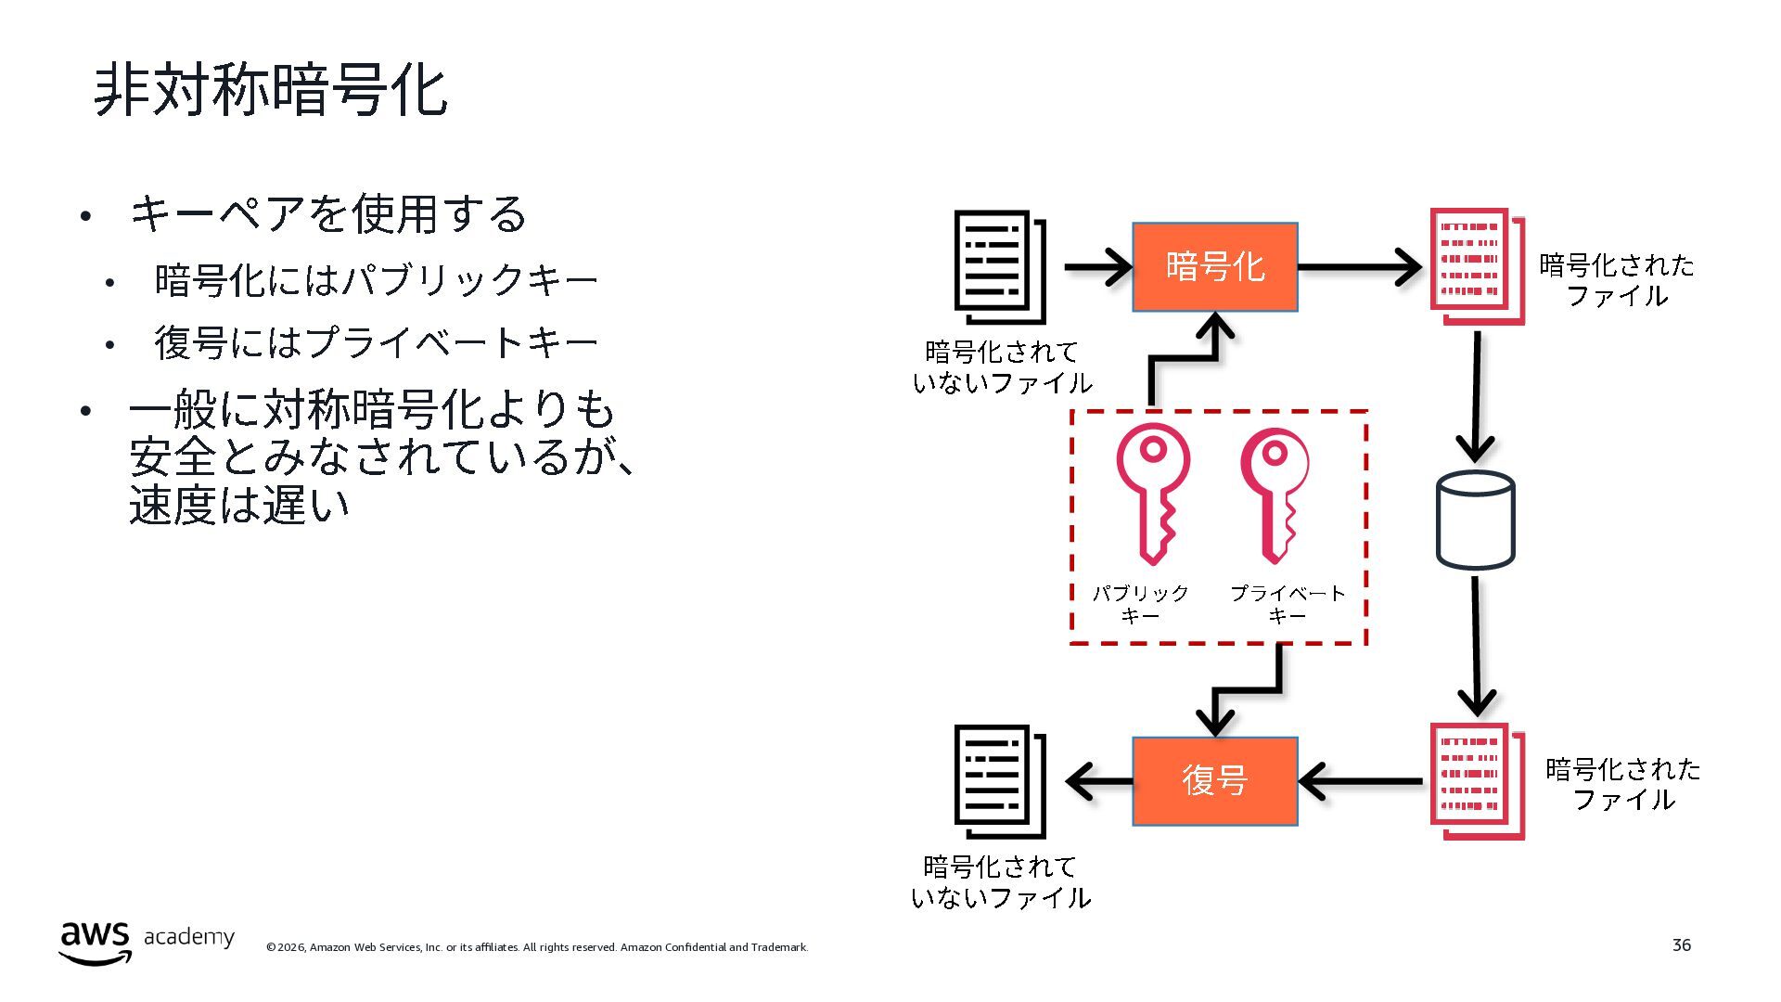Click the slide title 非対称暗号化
[271, 91]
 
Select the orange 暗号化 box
[1214, 267]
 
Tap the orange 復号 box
[1214, 781]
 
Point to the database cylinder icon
[1475, 520]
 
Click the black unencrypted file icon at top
[1000, 266]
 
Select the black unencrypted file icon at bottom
[1000, 781]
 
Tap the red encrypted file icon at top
[1477, 266]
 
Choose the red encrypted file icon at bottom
[1477, 781]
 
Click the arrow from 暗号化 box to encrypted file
[1360, 267]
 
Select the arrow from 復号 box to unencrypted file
[1099, 781]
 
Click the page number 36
[1682, 944]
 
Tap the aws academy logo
[147, 942]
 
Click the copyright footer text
[537, 947]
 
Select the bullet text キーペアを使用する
[328, 213]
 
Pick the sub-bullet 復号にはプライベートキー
[376, 342]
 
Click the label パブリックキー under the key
[1141, 604]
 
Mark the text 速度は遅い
[239, 505]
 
